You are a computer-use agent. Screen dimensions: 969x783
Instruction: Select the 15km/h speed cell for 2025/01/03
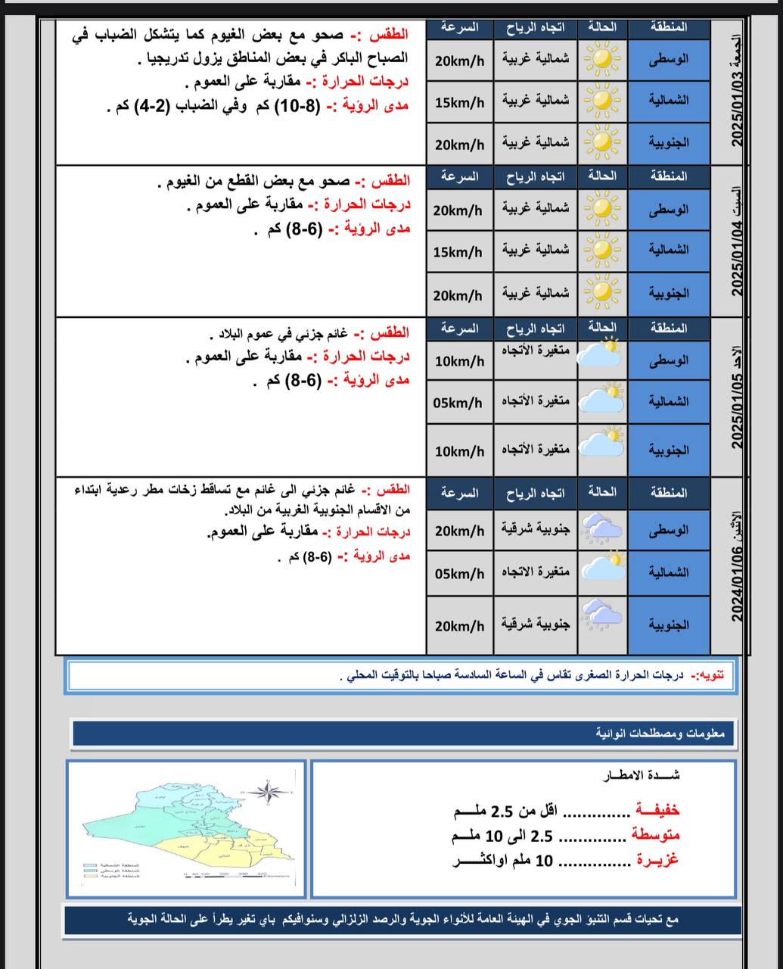pos(459,101)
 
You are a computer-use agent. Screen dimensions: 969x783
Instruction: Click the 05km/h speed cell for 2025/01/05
pos(458,403)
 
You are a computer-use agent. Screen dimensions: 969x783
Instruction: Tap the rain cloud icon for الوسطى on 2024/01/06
pos(601,531)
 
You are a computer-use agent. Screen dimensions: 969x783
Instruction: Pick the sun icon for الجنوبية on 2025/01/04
pos(601,293)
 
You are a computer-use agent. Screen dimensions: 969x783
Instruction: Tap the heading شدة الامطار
pos(642,774)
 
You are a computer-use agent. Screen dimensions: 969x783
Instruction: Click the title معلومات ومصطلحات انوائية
pos(660,733)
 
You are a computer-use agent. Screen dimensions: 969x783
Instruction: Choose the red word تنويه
pos(711,675)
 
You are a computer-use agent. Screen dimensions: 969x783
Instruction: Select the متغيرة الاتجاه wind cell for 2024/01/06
pos(535,572)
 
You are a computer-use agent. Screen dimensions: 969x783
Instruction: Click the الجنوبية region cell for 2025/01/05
pos(669,450)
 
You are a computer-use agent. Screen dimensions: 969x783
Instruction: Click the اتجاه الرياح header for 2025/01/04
pos(535,177)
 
